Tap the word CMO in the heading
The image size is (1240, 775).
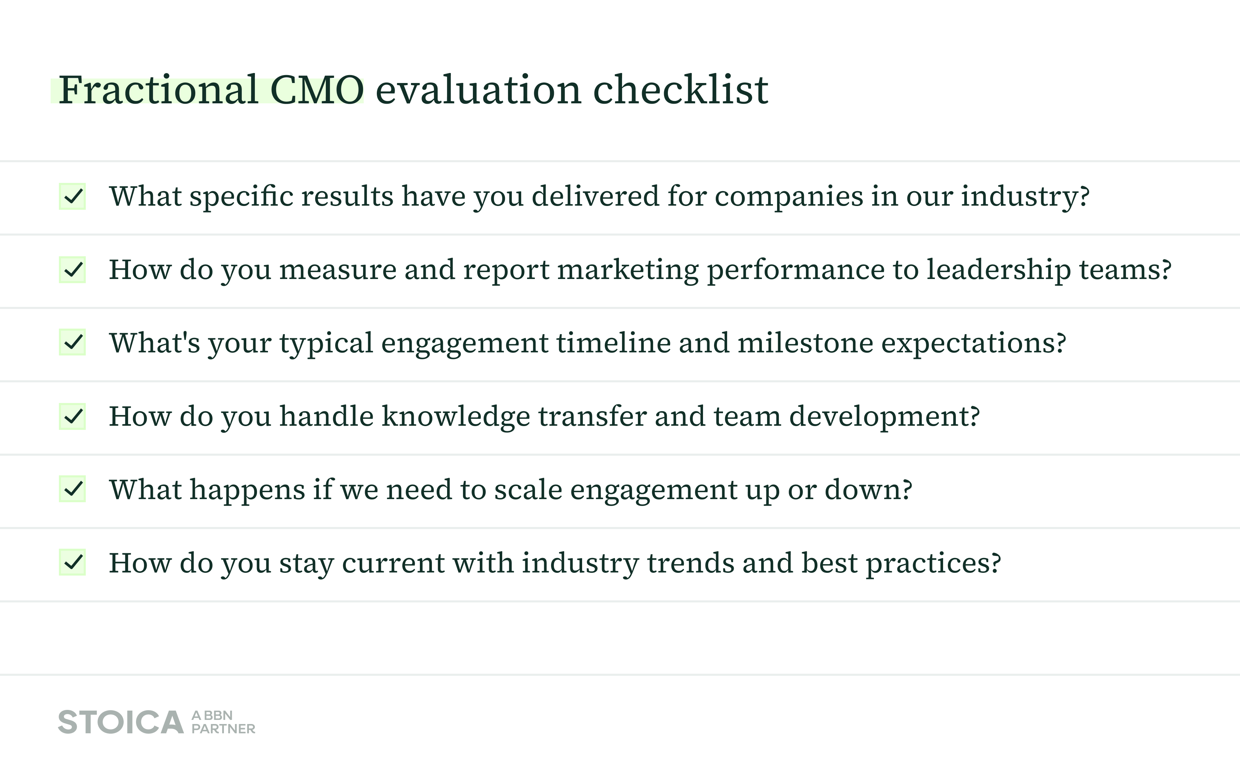(317, 90)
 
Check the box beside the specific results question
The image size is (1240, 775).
(72, 196)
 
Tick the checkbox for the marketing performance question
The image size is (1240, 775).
(72, 270)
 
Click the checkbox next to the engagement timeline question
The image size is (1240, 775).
(72, 342)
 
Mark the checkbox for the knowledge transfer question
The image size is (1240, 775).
(72, 416)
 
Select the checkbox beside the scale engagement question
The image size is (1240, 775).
(72, 489)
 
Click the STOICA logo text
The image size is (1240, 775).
(121, 722)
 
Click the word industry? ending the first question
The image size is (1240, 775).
(1025, 197)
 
